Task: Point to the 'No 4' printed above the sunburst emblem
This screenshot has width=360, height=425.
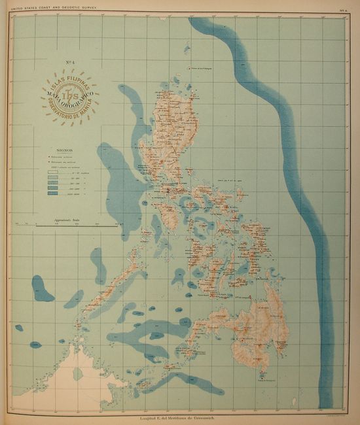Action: (x=68, y=63)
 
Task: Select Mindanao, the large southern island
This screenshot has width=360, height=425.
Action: (x=255, y=333)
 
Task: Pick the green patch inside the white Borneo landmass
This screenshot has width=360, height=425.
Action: (x=78, y=374)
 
